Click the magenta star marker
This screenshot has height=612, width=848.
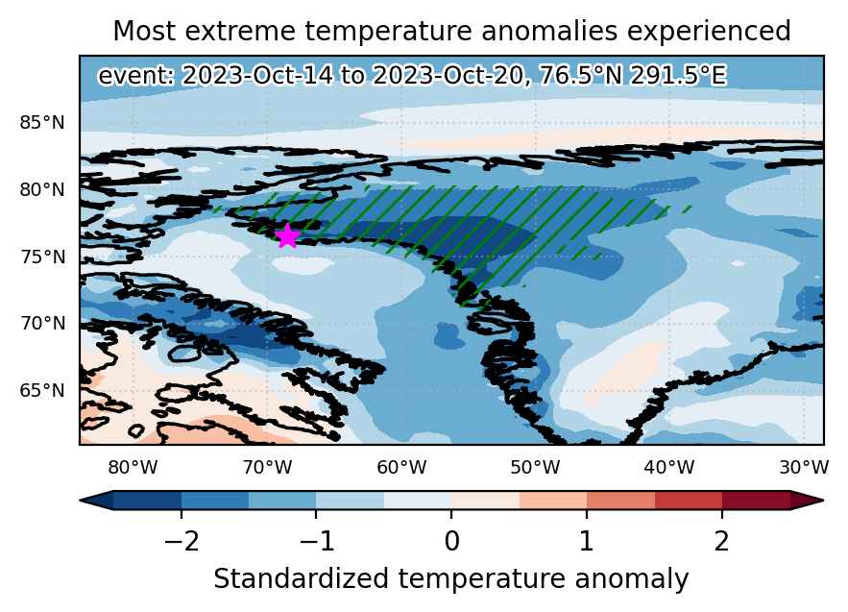tap(288, 236)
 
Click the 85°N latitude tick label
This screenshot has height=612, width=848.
tap(42, 123)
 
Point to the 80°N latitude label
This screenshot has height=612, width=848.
tap(42, 190)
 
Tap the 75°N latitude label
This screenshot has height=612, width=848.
tap(42, 257)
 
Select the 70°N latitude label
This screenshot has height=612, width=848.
tap(42, 324)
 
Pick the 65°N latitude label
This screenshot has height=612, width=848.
tap(42, 390)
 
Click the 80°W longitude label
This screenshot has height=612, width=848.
tap(133, 467)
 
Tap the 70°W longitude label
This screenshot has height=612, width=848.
tap(267, 467)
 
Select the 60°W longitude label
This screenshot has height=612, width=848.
tap(401, 467)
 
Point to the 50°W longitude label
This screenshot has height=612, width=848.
tap(536, 467)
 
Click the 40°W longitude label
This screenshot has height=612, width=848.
tap(669, 467)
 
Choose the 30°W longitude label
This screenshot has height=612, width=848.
tap(804, 467)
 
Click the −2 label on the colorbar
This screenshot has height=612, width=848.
tap(182, 541)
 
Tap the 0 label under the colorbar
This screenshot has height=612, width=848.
tap(451, 541)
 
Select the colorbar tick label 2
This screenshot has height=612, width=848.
tap(722, 541)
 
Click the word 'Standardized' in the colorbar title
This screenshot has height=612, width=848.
tap(302, 579)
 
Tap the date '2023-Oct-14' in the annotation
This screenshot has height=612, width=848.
tap(256, 75)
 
